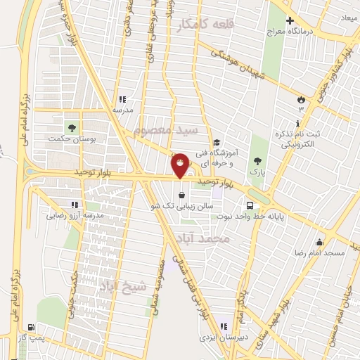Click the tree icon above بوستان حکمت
70,127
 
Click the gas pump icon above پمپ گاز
31,327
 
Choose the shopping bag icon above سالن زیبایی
182,195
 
